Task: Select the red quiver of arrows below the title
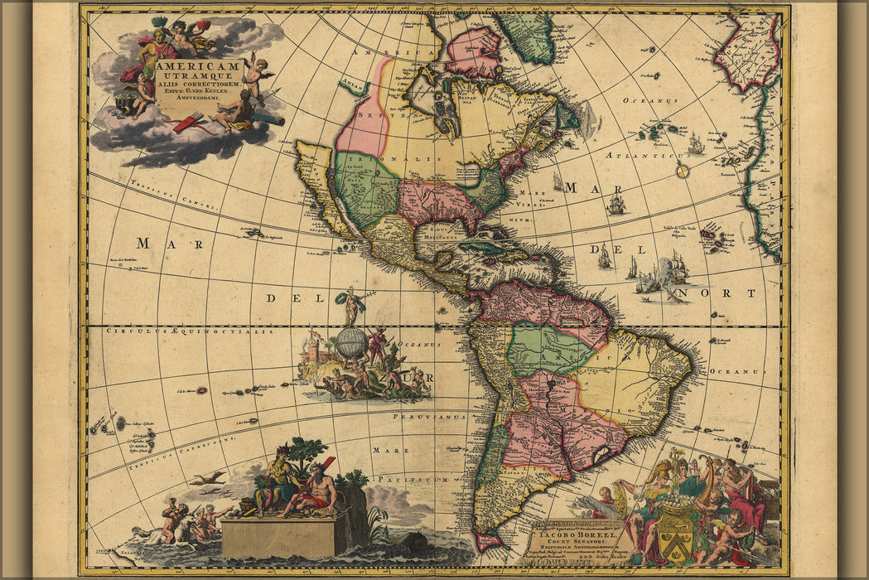click(x=187, y=125)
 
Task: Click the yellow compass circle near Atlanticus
click(x=682, y=172)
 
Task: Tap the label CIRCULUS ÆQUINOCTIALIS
click(x=189, y=331)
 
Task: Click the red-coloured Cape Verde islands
click(x=711, y=237)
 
